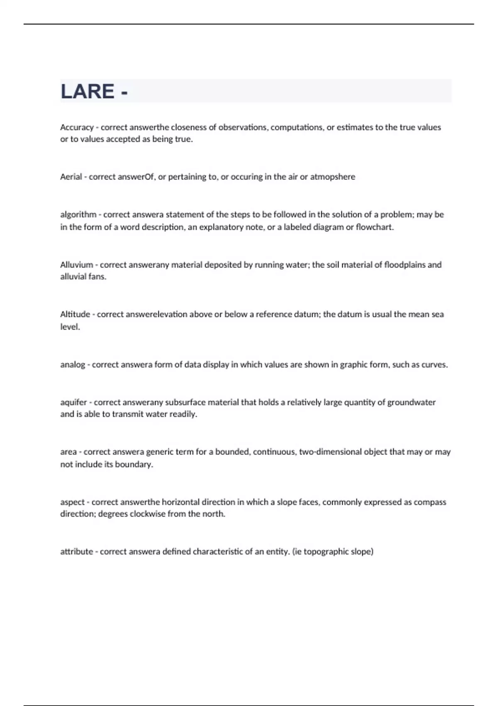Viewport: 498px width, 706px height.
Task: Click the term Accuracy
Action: (x=77, y=127)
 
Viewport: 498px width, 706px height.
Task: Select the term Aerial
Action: (x=71, y=177)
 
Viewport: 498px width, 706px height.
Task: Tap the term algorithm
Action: (x=78, y=215)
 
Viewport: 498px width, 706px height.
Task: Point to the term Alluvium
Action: (x=76, y=265)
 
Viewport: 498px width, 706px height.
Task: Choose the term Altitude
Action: (x=75, y=314)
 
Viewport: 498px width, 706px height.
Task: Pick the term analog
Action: (x=72, y=365)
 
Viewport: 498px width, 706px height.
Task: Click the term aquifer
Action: (x=73, y=402)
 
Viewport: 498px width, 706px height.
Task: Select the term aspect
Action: (x=72, y=502)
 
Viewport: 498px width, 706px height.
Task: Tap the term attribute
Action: (x=76, y=552)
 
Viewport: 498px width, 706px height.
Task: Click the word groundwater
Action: (x=411, y=402)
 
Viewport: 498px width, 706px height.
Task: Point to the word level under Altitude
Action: (x=69, y=327)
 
